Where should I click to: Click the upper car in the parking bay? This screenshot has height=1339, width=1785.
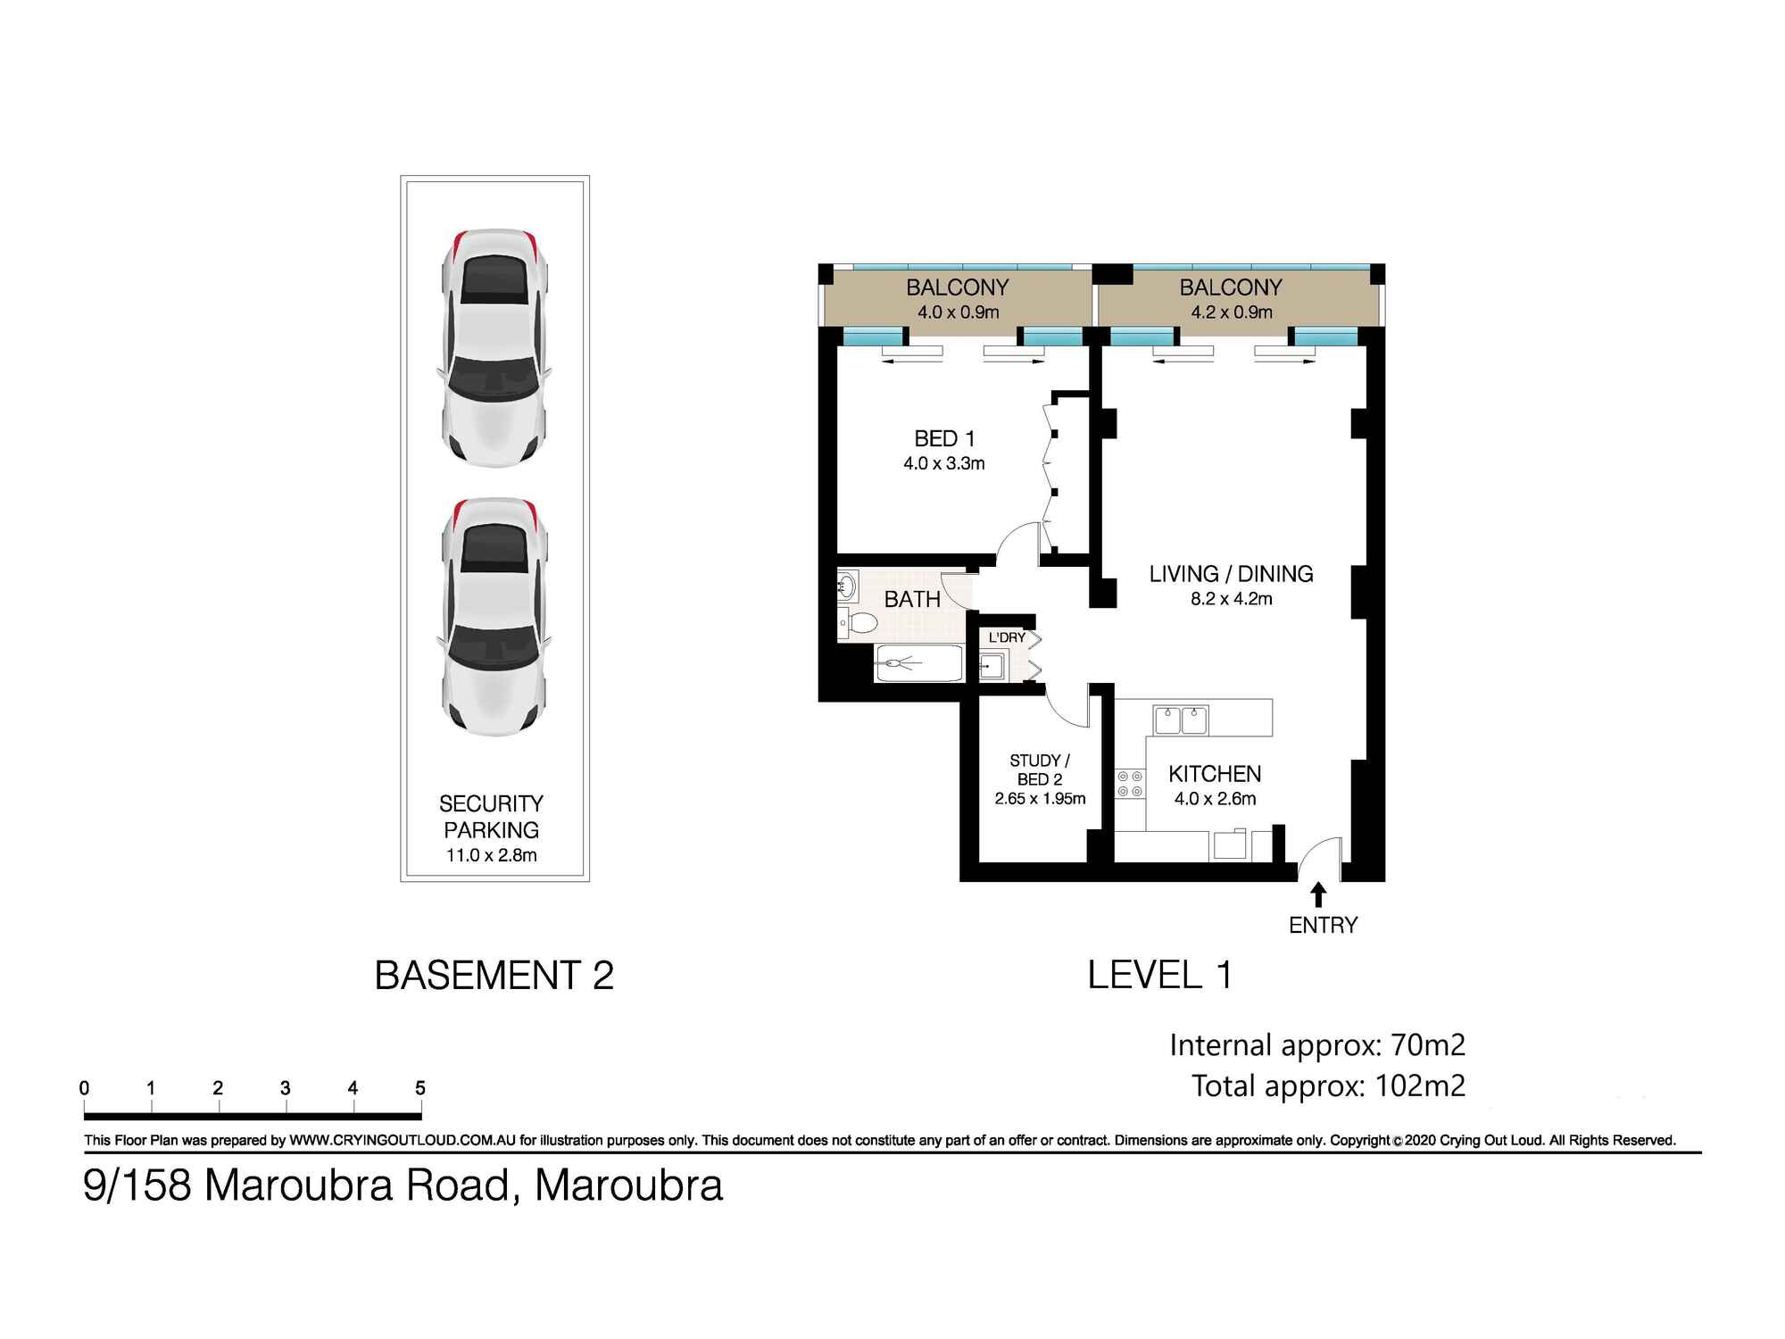(x=494, y=348)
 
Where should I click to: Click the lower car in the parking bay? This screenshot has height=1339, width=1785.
(x=494, y=616)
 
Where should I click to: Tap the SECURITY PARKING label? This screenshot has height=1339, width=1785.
(x=491, y=817)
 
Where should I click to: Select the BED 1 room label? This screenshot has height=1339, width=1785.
(x=944, y=438)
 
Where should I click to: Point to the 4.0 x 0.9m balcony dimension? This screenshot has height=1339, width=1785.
(x=958, y=312)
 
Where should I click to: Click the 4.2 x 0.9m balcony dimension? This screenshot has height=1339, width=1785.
(x=1231, y=312)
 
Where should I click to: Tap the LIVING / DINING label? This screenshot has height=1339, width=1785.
(x=1231, y=574)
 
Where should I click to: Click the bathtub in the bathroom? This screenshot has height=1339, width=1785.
(x=919, y=663)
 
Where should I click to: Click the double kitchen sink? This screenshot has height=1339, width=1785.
(x=1180, y=719)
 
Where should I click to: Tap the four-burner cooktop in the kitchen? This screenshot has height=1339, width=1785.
(x=1129, y=785)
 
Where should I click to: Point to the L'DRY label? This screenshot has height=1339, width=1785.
(x=1007, y=637)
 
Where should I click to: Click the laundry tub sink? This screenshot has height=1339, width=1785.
(x=992, y=666)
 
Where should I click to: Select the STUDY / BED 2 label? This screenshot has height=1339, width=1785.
(x=1040, y=769)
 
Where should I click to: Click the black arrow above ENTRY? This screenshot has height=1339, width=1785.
(x=1318, y=895)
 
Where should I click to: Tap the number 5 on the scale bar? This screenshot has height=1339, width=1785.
(x=420, y=1088)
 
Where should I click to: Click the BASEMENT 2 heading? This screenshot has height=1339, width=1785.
(x=494, y=975)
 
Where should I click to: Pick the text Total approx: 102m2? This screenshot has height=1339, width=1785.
(x=1328, y=1085)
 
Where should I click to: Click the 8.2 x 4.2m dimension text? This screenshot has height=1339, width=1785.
(x=1231, y=599)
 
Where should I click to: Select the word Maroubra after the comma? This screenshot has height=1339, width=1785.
(x=628, y=1185)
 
